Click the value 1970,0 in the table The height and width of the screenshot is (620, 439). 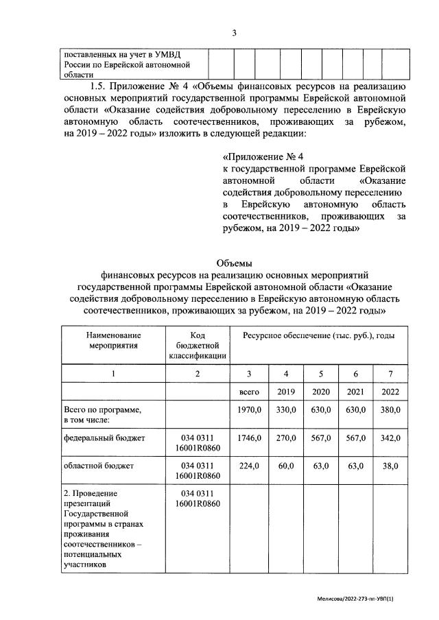coord(249,409)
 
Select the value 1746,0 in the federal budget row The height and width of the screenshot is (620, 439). coord(249,437)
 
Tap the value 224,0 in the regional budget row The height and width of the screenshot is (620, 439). coord(249,466)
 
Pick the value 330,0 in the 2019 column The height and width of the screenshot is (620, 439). coord(285,409)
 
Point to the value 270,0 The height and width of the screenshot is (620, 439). coord(285,437)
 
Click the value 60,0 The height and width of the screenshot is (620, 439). coord(285,466)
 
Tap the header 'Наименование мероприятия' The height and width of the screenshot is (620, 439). coord(114,339)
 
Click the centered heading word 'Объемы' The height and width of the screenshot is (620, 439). coord(234,263)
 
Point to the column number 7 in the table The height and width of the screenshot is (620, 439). coord(390,373)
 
